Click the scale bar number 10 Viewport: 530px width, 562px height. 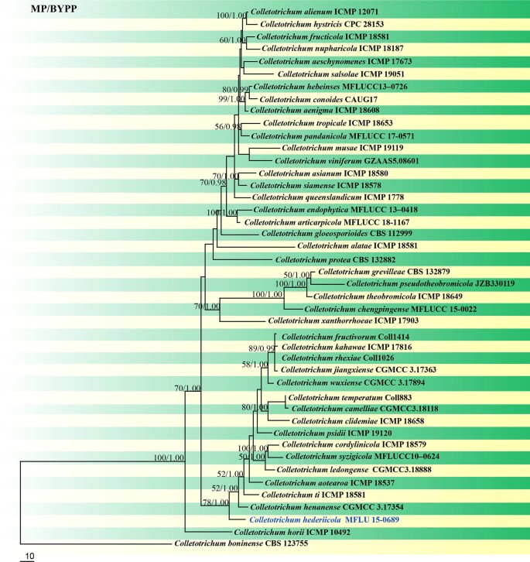[27, 557]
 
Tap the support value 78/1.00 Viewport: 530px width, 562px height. [216, 502]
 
